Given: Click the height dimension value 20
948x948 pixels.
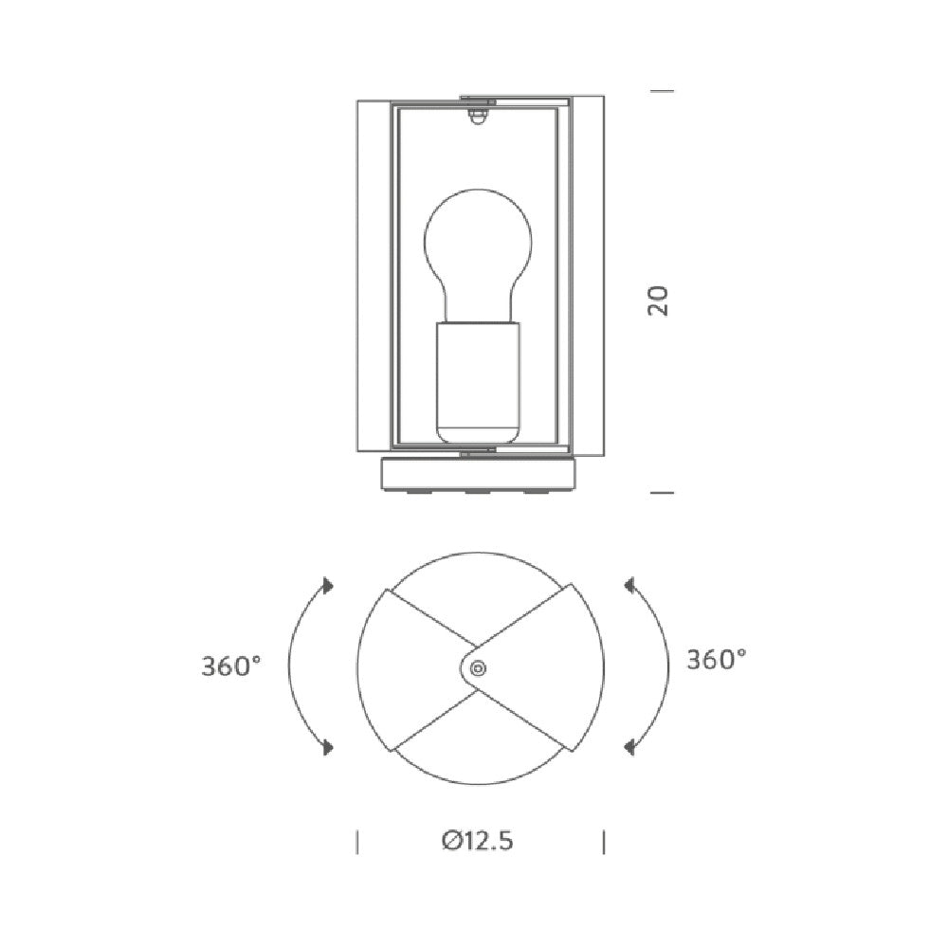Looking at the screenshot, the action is [659, 301].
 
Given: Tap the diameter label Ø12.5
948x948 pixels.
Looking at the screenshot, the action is [478, 840].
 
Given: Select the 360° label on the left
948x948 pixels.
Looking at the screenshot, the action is [231, 666].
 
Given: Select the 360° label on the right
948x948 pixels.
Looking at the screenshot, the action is [717, 660].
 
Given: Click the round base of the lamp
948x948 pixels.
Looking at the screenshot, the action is [478, 475].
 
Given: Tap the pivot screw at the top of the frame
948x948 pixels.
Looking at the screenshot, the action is [478, 116].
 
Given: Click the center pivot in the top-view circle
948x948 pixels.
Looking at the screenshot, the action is [478, 668].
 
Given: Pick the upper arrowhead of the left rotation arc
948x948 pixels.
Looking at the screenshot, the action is [328, 585].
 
